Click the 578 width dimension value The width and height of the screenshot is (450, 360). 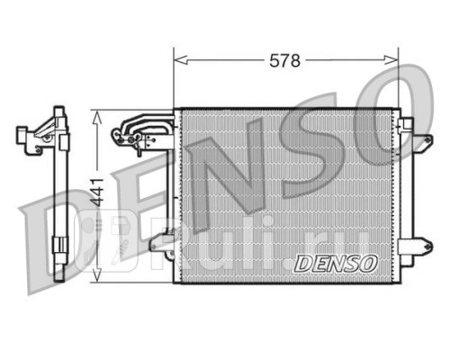point(284,60)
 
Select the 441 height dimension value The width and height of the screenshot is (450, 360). point(97,193)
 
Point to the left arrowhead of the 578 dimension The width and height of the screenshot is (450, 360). point(181,60)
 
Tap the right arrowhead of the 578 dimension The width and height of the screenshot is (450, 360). point(391,60)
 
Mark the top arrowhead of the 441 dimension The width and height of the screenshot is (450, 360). point(96,118)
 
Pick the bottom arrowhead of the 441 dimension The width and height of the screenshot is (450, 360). point(96,274)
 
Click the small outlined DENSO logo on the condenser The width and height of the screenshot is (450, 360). point(336,264)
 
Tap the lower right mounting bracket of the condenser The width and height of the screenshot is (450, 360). point(416,246)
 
